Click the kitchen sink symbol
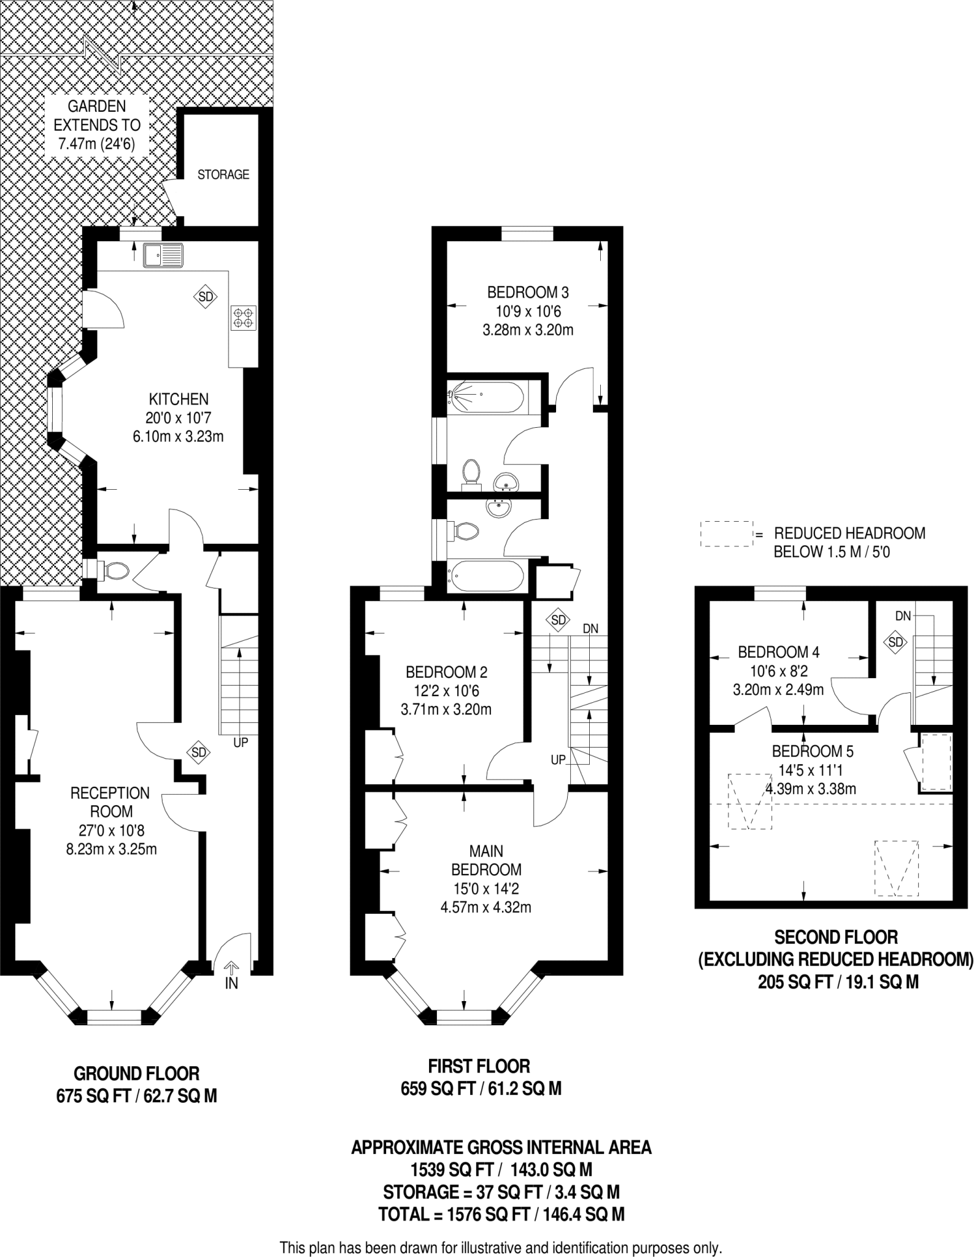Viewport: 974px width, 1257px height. (x=163, y=255)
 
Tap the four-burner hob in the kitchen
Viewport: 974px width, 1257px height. (x=242, y=317)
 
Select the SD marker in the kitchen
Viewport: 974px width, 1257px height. (x=206, y=297)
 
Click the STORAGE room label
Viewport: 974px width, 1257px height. (x=223, y=175)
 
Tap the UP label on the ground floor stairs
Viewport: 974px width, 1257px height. (x=241, y=743)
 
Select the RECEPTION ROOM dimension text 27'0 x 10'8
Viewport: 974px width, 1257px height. (x=111, y=831)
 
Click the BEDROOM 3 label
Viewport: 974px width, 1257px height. (x=528, y=292)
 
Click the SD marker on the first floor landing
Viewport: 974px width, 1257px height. (x=558, y=620)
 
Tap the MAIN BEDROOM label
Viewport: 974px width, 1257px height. (x=486, y=861)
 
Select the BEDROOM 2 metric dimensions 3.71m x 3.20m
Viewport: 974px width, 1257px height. (x=446, y=710)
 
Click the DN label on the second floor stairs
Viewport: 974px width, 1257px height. (x=903, y=616)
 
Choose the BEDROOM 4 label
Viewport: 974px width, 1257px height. (x=779, y=652)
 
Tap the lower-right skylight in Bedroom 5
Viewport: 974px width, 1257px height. (x=897, y=868)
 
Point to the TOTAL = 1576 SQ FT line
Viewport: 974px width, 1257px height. (x=501, y=1214)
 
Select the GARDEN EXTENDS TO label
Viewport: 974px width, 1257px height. (x=97, y=116)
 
